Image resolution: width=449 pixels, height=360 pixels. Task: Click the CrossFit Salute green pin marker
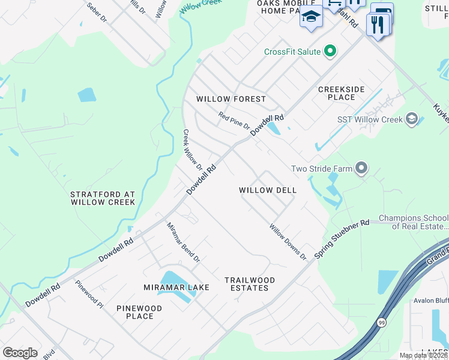point(330,52)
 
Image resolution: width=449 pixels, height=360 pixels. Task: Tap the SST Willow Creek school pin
point(411,119)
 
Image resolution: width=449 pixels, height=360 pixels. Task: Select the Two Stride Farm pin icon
point(361,169)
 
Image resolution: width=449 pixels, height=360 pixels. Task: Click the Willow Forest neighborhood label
point(231,99)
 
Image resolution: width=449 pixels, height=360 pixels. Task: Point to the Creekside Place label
point(341,93)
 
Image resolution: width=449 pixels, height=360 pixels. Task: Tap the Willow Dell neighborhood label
point(268,190)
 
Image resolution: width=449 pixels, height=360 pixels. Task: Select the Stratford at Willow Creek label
point(103,199)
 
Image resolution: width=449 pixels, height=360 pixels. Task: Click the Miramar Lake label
point(176,287)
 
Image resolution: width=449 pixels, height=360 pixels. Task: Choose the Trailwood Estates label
point(250,284)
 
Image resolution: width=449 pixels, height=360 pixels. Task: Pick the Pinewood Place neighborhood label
point(139,312)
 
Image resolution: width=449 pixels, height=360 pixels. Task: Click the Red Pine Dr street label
point(234,121)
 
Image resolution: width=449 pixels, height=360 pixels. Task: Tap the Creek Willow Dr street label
point(193,149)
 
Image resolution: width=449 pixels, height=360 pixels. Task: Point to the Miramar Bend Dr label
point(183,241)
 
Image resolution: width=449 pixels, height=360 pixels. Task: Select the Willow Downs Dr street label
point(288,242)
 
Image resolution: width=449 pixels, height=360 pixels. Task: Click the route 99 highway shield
point(382,323)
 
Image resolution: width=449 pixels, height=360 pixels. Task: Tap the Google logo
point(20,353)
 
